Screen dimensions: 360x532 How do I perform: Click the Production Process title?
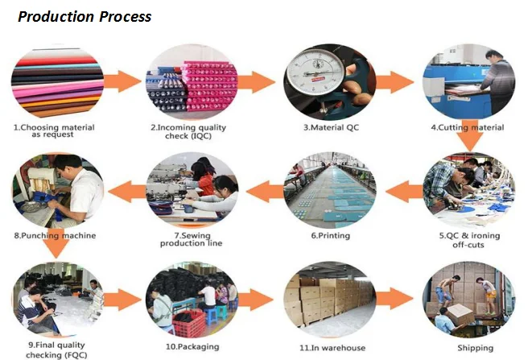85,16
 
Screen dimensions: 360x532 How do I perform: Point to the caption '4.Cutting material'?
468,127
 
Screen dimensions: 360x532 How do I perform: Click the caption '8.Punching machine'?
55,235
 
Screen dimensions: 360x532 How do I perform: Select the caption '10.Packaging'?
192,347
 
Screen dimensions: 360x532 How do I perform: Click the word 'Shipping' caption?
475,348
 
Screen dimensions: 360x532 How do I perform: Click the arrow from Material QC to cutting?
394,83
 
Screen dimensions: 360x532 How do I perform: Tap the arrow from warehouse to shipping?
397,300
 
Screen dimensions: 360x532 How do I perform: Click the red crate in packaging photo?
188,321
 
